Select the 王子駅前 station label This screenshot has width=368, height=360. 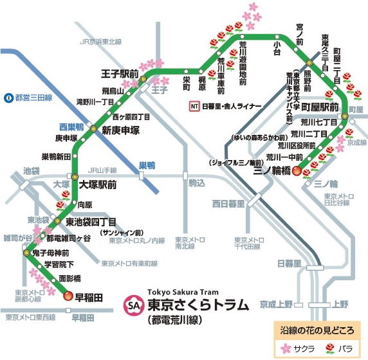click(120, 75)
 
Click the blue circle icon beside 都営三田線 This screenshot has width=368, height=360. click(8, 98)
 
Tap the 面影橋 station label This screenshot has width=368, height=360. click(69, 279)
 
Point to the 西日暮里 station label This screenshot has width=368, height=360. click(228, 204)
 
